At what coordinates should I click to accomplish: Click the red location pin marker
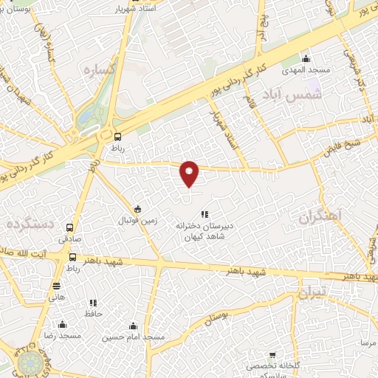coord(190,173)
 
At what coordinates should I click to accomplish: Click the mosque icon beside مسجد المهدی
coord(306,60)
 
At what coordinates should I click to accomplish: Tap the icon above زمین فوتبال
coord(137,208)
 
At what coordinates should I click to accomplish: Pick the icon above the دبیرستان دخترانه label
coord(205,214)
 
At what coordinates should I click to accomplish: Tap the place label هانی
coord(57,297)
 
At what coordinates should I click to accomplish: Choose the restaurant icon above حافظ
coord(93,303)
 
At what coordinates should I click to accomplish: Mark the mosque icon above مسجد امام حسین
coord(134,326)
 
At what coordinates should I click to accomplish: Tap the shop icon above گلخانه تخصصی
coord(272,357)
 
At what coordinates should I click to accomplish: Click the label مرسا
coord(368,343)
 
